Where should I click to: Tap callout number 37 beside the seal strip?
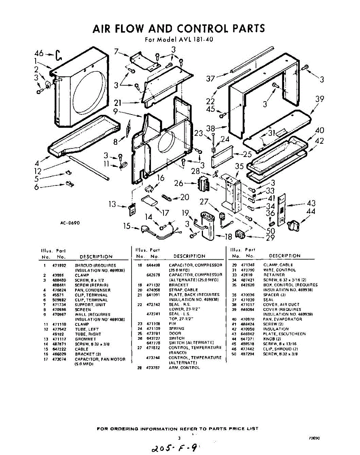click(211, 79)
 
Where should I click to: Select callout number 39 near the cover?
click(320, 99)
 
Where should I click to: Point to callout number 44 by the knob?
click(311, 212)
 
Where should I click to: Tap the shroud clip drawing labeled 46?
click(58, 55)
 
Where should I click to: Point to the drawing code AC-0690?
click(70, 223)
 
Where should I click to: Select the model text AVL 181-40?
click(190, 39)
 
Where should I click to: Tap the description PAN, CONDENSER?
click(93, 290)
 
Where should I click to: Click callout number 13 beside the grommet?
click(112, 205)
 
